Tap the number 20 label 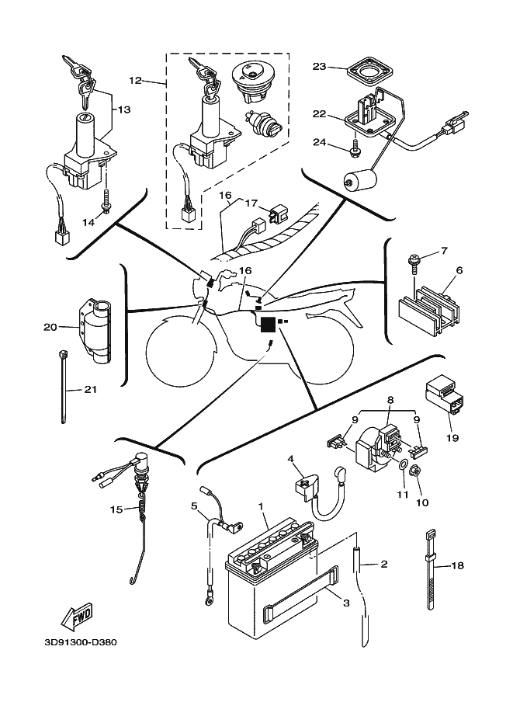(x=50, y=327)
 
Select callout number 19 (x=452, y=438)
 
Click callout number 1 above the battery (x=262, y=506)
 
